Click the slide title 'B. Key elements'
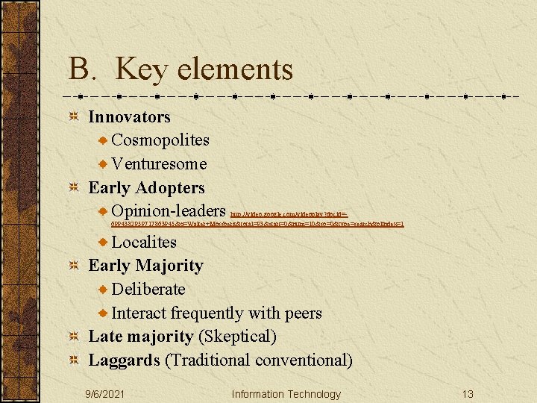(x=180, y=69)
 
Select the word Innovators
(x=129, y=117)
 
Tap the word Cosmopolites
(x=160, y=140)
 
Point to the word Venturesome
(x=159, y=164)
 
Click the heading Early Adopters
(x=146, y=188)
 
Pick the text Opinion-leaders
(x=169, y=211)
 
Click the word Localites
(x=144, y=242)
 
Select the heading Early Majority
(x=145, y=266)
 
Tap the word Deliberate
(x=148, y=289)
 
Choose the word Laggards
(x=124, y=360)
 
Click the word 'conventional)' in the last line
(x=304, y=360)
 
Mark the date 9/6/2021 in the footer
(x=105, y=394)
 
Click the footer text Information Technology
(x=286, y=394)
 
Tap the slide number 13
(x=468, y=394)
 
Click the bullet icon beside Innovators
(x=73, y=117)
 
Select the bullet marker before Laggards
(x=73, y=360)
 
